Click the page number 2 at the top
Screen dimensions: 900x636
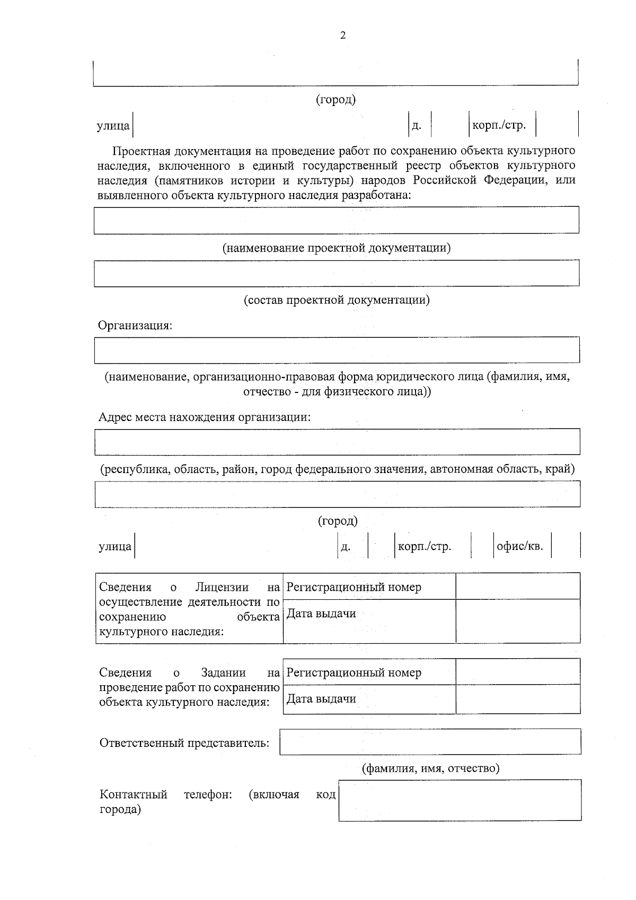tap(342, 36)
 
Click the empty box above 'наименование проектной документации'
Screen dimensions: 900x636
tap(336, 220)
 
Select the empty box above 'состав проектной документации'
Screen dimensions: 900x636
tap(336, 273)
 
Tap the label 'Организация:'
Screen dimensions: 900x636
tap(135, 326)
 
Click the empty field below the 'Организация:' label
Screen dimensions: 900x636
tap(336, 350)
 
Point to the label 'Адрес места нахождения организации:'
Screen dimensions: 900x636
tap(205, 417)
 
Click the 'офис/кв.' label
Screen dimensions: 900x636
tap(520, 546)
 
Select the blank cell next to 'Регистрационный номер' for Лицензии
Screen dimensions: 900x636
tap(518, 586)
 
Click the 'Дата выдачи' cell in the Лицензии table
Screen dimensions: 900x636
tap(321, 614)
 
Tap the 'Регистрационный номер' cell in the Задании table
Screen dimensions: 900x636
tap(354, 673)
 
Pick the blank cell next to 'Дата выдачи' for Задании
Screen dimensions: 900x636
tap(518, 699)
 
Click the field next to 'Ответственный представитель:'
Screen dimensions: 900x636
tap(430, 741)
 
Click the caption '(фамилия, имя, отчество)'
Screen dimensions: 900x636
tap(430, 768)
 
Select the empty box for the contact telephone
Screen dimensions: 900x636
tap(460, 800)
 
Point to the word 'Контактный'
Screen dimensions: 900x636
tap(134, 794)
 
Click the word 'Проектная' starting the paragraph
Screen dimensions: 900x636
tap(138, 151)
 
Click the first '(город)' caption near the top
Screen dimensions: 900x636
tap(336, 100)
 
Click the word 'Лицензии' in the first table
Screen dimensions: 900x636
tap(222, 587)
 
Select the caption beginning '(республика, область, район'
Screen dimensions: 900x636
tap(338, 469)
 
